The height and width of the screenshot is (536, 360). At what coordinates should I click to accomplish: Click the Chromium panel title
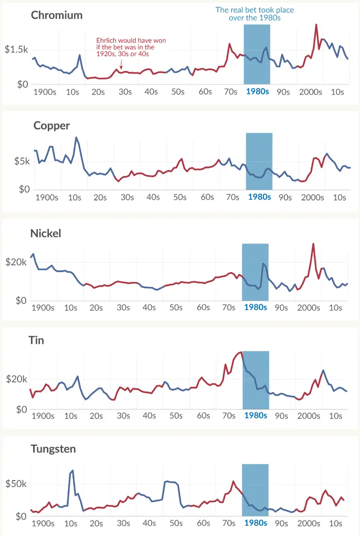click(57, 15)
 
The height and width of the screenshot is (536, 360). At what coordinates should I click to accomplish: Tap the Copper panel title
click(51, 126)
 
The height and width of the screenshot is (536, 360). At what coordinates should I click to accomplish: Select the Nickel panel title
click(45, 233)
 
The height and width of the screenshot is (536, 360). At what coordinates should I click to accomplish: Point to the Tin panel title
click(36, 340)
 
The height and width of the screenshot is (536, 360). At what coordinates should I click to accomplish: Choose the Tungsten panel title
click(53, 449)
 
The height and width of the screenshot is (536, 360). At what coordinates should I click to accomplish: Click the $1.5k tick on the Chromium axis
click(17, 50)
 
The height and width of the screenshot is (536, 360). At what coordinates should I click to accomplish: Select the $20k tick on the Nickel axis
click(16, 262)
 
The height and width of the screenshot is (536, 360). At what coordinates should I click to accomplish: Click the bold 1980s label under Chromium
click(257, 92)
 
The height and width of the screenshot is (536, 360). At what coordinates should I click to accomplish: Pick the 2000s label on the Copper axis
click(312, 197)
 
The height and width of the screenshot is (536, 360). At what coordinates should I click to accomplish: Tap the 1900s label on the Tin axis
click(43, 416)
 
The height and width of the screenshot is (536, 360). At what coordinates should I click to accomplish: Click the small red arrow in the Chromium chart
click(121, 66)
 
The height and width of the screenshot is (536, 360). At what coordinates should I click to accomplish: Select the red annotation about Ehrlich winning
click(131, 47)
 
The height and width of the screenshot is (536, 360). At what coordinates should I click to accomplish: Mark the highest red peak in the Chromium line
click(316, 25)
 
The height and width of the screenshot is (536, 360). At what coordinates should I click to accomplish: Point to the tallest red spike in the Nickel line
click(313, 244)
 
